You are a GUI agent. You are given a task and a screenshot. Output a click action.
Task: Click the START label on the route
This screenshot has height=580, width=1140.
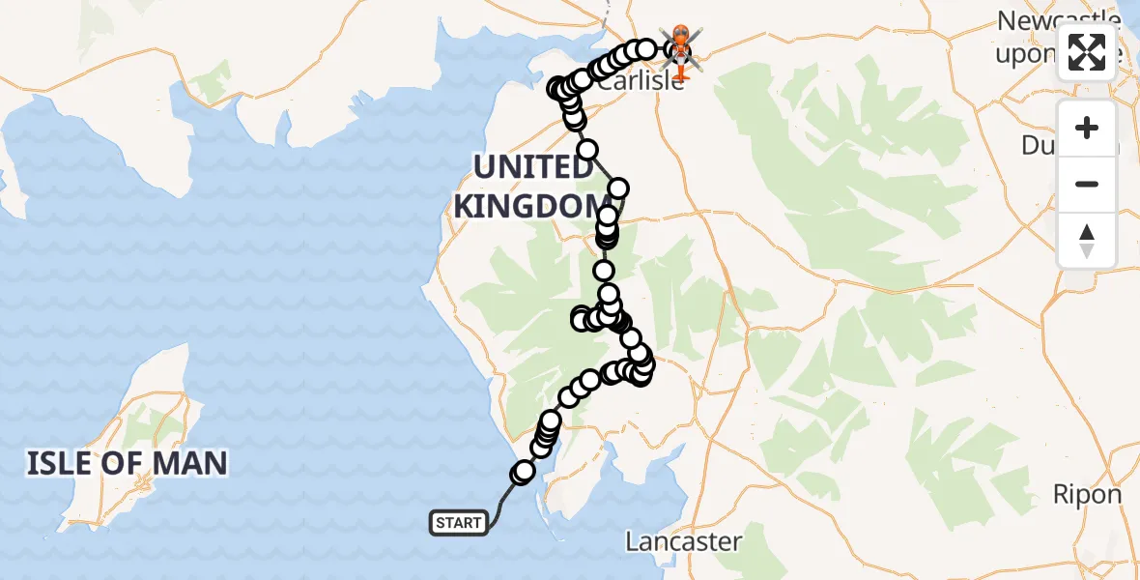tap(458, 524)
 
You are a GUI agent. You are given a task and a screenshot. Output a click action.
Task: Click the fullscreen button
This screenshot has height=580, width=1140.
tap(1087, 52)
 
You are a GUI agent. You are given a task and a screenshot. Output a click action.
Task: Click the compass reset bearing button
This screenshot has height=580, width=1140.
tap(1087, 240)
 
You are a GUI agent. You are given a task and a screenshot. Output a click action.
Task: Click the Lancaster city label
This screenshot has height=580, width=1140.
tap(683, 541)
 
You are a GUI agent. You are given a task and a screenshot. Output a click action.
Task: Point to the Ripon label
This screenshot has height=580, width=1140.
tap(1087, 495)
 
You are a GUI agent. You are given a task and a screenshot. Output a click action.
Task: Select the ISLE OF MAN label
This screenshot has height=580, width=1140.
tap(127, 463)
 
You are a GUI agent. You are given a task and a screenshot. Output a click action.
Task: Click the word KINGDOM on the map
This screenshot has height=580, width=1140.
tap(527, 206)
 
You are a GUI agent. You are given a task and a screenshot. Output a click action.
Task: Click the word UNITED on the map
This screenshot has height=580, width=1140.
tap(533, 167)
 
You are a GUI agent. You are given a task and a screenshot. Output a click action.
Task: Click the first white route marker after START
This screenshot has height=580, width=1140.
tap(524, 472)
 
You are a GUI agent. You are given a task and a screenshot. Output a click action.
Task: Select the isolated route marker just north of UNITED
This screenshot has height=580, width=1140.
tap(586, 149)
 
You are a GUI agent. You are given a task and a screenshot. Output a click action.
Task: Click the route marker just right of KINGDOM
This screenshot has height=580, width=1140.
tap(618, 188)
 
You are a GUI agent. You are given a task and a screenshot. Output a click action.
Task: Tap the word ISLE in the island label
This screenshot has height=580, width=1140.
tap(60, 463)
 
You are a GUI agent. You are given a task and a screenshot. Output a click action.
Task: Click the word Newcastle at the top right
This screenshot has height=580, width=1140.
tap(1058, 20)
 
